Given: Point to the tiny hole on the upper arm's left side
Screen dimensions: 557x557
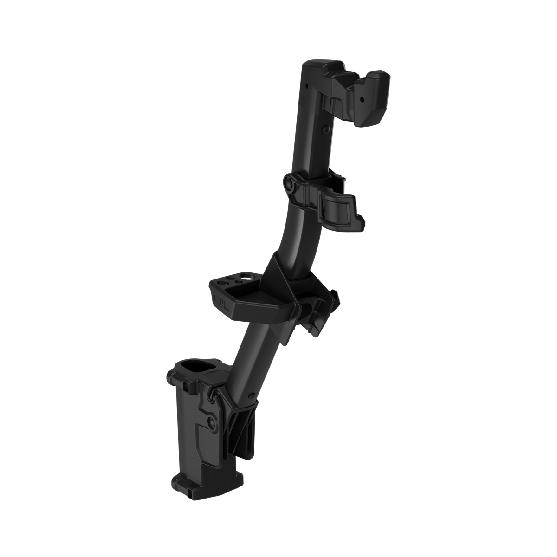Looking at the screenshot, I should (307, 86).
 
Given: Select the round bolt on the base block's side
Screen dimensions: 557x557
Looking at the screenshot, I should (212, 423).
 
